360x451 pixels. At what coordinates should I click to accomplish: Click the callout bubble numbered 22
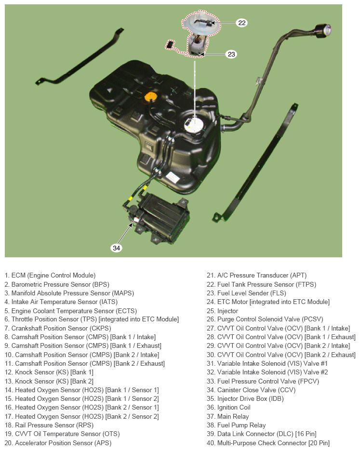pyautogui.click(x=241, y=23)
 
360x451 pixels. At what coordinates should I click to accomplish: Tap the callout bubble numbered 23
pyautogui.click(x=231, y=54)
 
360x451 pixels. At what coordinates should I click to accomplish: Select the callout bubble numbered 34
pyautogui.click(x=116, y=248)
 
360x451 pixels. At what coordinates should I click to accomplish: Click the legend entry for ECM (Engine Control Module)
pyautogui.click(x=50, y=275)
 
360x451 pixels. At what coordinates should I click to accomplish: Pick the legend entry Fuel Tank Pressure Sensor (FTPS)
pyautogui.click(x=261, y=284)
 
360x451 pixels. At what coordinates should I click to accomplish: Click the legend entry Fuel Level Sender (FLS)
pyautogui.click(x=253, y=293)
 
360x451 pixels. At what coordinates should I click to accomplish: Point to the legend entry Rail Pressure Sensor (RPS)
pyautogui.click(x=49, y=425)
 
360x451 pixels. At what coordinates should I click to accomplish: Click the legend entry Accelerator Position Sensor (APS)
pyautogui.click(x=58, y=443)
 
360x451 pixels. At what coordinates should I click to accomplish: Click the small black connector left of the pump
pyautogui.click(x=170, y=44)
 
